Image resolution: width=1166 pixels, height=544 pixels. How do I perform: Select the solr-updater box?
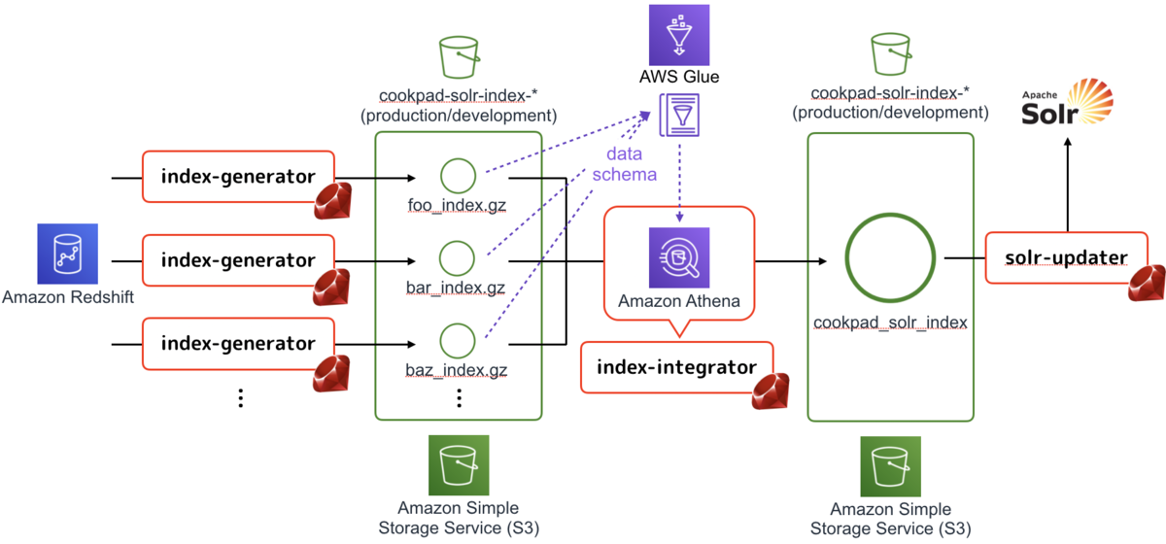[x=1066, y=257]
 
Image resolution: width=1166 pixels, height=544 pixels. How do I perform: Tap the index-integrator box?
[x=676, y=366]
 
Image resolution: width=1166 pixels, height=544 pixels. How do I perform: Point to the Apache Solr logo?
[x=1066, y=106]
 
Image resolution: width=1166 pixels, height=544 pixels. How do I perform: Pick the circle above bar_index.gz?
[x=458, y=258]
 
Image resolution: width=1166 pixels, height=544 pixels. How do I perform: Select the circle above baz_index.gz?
[x=458, y=341]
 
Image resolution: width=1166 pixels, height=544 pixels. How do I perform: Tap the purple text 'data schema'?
[x=624, y=164]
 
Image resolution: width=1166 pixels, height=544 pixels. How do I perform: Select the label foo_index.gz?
[x=457, y=206]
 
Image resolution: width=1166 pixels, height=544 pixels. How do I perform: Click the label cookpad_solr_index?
[x=890, y=322]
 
